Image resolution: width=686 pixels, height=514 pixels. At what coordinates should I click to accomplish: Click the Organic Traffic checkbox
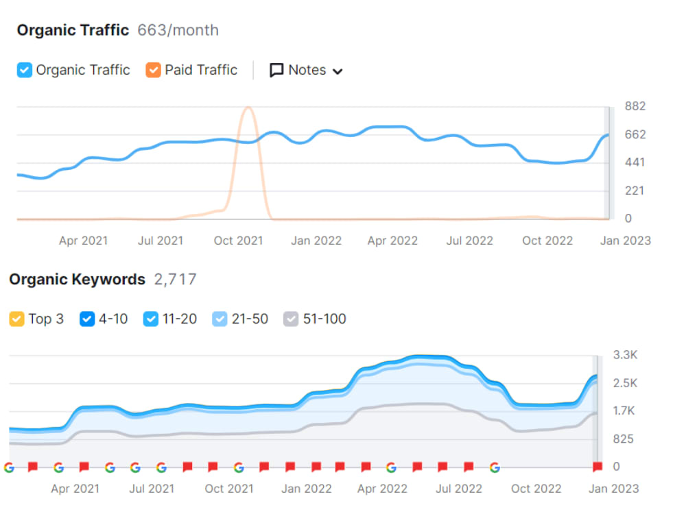tap(25, 70)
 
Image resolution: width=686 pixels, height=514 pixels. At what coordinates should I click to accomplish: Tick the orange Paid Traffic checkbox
tap(153, 70)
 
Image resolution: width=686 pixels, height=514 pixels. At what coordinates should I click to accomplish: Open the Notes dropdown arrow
tap(338, 71)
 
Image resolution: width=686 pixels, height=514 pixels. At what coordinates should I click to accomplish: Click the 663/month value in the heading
tap(178, 30)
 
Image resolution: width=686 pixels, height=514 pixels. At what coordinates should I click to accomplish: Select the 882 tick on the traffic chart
tap(635, 106)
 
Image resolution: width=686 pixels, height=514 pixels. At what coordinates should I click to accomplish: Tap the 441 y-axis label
tap(635, 162)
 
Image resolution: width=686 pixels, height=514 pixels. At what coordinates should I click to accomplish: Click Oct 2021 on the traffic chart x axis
tap(239, 241)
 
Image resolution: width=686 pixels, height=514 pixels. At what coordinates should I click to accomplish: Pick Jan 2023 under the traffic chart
tap(626, 241)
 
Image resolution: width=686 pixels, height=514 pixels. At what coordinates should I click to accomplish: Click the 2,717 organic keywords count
tap(176, 280)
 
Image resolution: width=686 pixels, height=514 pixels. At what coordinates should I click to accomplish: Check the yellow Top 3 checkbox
tap(16, 319)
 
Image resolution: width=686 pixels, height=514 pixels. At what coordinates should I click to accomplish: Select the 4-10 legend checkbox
tap(87, 319)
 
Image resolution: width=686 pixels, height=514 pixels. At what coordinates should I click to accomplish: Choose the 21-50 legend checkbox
tap(220, 319)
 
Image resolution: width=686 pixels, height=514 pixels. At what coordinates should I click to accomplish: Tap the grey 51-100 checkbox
tap(291, 319)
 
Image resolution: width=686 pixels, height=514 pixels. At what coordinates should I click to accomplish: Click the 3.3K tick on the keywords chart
tap(625, 355)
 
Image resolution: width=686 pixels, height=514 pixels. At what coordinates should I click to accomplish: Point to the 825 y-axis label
tap(624, 439)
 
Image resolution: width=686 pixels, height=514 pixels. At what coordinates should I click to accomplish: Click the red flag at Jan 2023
tap(598, 467)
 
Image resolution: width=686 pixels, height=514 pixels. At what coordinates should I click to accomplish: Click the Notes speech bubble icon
tap(276, 71)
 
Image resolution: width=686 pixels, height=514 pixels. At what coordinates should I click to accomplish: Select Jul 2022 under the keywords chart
tap(459, 489)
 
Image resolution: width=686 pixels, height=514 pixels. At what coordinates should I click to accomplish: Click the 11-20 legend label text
tap(180, 319)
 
